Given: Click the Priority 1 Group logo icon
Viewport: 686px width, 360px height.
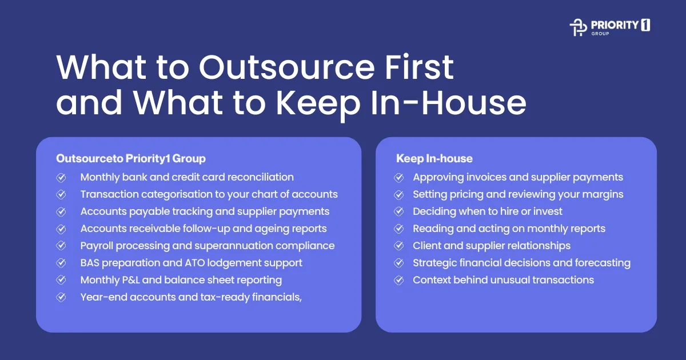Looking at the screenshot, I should pyautogui.click(x=579, y=27).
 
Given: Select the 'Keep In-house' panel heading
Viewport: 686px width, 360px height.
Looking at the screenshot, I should pyautogui.click(x=434, y=158).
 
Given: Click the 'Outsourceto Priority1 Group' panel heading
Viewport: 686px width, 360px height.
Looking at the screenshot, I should pyautogui.click(x=131, y=158).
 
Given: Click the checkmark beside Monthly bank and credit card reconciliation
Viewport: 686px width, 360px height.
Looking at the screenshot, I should pyautogui.click(x=61, y=177).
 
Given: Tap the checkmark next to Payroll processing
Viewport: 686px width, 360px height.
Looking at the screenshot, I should pyautogui.click(x=61, y=246).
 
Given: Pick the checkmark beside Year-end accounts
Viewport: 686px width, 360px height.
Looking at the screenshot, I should pyautogui.click(x=61, y=297).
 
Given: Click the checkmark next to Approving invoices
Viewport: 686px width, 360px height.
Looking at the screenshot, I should pyautogui.click(x=400, y=177).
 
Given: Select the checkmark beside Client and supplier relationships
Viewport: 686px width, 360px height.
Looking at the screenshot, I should pyautogui.click(x=400, y=246).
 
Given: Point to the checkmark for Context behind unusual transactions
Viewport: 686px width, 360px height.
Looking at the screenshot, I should pyautogui.click(x=400, y=280).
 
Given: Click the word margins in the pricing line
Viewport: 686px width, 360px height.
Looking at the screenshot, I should pyautogui.click(x=603, y=194).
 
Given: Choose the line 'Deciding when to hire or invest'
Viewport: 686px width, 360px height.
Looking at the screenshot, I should pyautogui.click(x=488, y=211).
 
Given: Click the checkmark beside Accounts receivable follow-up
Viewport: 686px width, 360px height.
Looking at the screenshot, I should pyautogui.click(x=61, y=229).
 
